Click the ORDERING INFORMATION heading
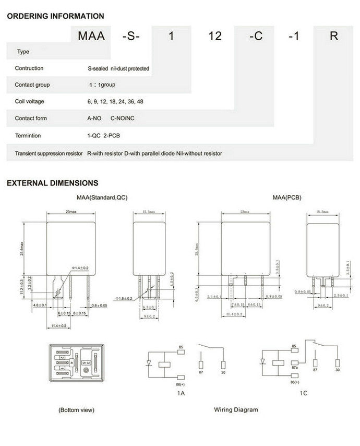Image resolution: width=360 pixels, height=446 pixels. [55, 16]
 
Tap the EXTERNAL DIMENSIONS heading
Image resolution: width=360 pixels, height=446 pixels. [52, 183]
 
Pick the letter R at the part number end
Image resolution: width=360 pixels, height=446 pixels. [334, 36]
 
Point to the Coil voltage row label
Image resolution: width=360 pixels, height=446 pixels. [29, 101]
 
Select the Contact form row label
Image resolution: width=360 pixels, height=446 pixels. [31, 118]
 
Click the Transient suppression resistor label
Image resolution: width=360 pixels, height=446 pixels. [49, 154]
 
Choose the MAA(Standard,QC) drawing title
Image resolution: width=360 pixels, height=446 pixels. [102, 198]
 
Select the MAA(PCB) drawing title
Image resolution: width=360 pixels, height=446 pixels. [286, 198]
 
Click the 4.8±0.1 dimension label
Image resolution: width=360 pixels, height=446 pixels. [40, 304]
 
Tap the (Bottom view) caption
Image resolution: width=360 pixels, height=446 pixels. [77, 410]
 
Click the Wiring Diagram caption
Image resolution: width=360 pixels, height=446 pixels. [236, 410]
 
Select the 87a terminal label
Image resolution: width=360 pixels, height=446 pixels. [295, 368]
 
